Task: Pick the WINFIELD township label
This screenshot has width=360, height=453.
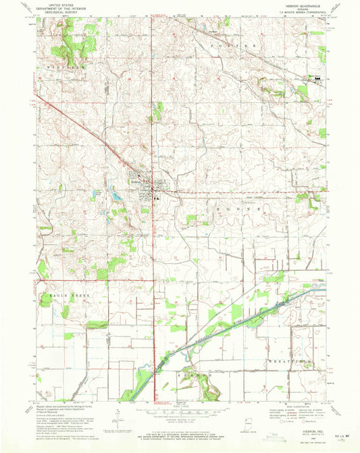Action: tap(66, 68)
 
